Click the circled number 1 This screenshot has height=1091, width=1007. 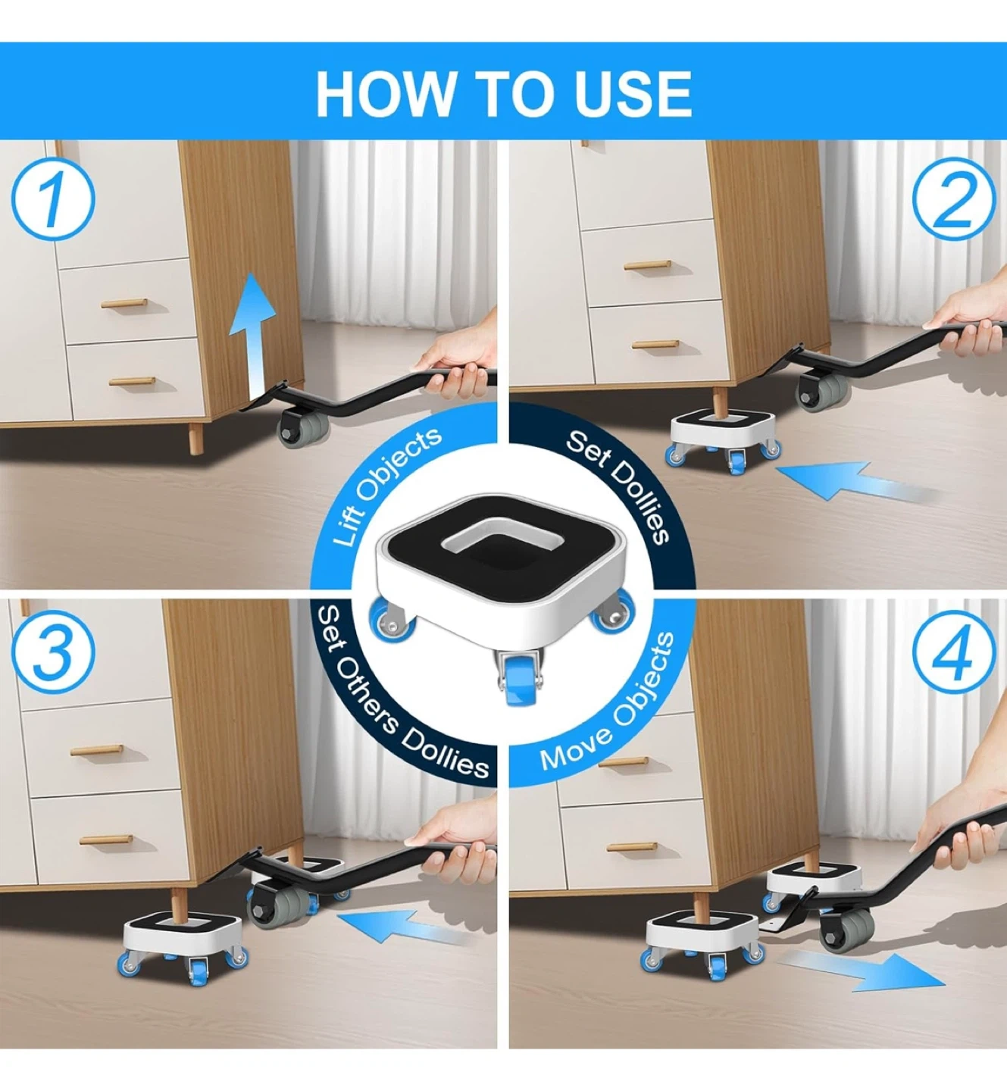(53, 199)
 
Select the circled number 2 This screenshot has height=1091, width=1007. (954, 199)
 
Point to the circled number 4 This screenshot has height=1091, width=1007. (954, 650)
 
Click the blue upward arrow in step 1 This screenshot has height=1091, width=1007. (257, 335)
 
